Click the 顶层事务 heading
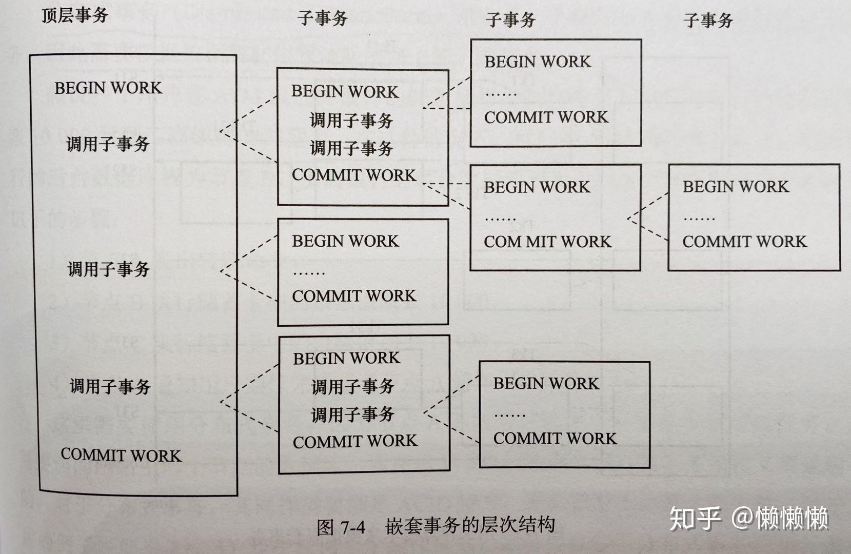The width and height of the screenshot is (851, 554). coord(75,15)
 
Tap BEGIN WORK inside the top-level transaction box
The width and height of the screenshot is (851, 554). coord(108,88)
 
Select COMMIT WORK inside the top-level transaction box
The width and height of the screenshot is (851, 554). coord(121,455)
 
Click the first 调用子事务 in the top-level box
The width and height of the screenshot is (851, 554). coord(108,144)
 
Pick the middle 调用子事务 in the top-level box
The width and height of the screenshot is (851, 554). coord(109,269)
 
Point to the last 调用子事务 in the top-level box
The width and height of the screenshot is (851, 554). coord(110,386)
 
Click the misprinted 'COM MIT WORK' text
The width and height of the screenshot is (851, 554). coord(548,242)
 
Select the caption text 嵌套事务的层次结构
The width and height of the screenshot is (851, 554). coord(470,525)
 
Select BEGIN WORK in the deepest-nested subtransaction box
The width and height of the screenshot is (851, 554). coord(736,186)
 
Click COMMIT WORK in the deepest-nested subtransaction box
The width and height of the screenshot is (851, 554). coord(744,241)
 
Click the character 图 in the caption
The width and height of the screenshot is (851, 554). coord(326,527)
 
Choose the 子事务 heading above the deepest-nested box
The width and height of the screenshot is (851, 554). coord(708,21)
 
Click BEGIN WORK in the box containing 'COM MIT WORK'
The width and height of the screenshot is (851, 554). coord(537,187)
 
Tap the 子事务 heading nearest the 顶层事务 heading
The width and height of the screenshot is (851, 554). coord(323,18)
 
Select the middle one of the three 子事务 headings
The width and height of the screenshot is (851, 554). coord(510,20)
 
